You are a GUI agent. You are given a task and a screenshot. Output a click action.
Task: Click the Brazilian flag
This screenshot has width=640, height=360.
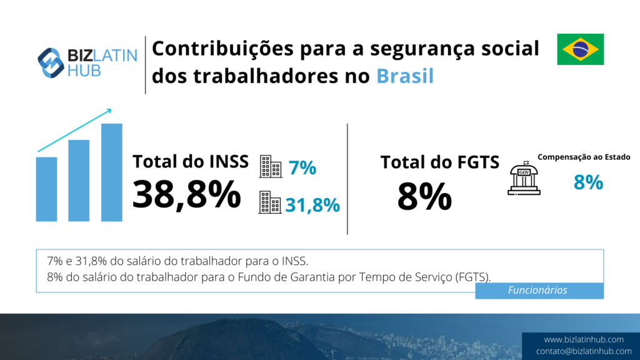(581, 49)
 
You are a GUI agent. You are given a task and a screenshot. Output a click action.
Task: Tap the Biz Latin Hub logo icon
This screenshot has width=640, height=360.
(51, 63)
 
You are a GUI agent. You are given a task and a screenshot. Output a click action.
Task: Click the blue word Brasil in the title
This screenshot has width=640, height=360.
(405, 76)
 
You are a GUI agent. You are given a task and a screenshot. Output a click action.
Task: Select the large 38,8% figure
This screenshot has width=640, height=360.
(186, 195)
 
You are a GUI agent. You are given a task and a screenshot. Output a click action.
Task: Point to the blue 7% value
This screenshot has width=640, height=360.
(302, 168)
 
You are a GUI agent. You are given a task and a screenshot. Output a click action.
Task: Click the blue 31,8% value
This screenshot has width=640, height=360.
(312, 204)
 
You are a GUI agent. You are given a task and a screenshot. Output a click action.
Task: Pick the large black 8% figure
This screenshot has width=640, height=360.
(424, 197)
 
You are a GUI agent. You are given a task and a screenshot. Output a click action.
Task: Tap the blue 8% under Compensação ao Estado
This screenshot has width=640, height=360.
(588, 182)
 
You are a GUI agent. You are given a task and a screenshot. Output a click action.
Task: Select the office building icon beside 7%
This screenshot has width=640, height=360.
(271, 166)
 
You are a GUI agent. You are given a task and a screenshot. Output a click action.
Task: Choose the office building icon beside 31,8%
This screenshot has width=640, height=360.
(270, 202)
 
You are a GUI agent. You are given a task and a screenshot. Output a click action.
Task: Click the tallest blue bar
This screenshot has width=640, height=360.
(112, 172)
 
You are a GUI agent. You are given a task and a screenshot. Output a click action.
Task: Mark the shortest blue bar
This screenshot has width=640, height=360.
(47, 189)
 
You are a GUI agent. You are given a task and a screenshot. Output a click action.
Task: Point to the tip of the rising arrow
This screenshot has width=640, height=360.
(111, 110)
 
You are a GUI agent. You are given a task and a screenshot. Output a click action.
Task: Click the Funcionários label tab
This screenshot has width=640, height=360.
(539, 291)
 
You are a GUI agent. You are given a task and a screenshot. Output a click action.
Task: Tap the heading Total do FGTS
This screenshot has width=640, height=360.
(440, 162)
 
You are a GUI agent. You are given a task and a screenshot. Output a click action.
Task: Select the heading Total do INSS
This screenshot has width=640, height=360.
(191, 161)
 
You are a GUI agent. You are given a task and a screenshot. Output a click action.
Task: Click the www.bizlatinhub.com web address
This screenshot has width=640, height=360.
(584, 339)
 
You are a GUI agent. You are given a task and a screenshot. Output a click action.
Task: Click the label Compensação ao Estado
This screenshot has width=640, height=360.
(584, 157)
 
